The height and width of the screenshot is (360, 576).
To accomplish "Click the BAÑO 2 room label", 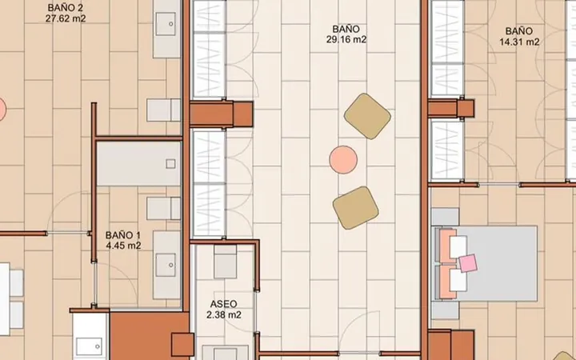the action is click(x=65, y=8).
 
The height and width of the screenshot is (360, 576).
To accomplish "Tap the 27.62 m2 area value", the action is click(x=66, y=18).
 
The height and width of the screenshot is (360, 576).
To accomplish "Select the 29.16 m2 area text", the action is click(x=346, y=39).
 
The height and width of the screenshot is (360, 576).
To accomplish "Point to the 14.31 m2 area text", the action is click(x=519, y=42).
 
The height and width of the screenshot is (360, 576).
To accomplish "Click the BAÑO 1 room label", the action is click(x=122, y=235).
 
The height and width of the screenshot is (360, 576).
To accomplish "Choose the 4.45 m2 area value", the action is click(x=123, y=246).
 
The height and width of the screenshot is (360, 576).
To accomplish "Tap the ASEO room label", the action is click(x=223, y=304).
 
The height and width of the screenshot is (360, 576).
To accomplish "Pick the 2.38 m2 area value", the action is click(x=224, y=315).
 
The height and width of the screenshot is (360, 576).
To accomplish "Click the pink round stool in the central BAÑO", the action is click(x=343, y=159).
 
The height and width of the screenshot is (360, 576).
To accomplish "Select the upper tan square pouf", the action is click(x=367, y=116).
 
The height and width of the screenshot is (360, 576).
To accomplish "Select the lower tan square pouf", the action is click(x=355, y=208).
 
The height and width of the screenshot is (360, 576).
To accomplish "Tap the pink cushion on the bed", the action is click(x=468, y=263).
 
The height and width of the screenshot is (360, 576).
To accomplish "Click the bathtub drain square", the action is click(x=170, y=163).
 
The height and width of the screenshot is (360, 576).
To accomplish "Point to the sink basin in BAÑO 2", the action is click(x=166, y=24).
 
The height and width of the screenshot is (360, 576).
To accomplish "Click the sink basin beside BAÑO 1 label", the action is click(x=166, y=265).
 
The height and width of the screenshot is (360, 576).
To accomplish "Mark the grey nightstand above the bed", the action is click(x=445, y=217).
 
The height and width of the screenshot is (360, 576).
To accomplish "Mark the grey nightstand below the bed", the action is click(x=445, y=310).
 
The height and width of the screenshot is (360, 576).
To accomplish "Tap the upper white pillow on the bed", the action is click(x=458, y=247).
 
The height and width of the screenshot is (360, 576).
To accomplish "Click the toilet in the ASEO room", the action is click(x=225, y=261).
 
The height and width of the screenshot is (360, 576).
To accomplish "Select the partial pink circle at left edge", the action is click(x=2, y=109).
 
